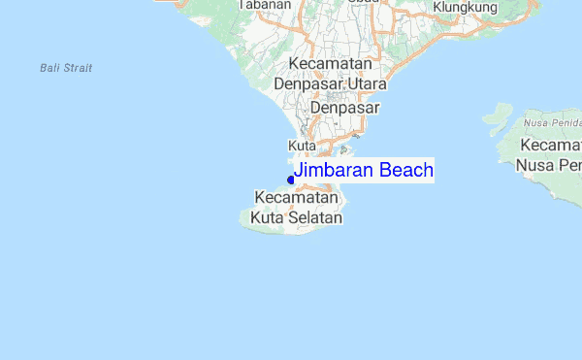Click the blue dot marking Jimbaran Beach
pyautogui.click(x=291, y=179)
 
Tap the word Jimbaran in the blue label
pyautogui.click(x=335, y=172)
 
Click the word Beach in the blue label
pyautogui.click(x=406, y=172)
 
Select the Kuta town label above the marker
pyautogui.click(x=304, y=146)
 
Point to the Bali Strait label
pyautogui.click(x=67, y=68)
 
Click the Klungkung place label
pyautogui.click(x=466, y=8)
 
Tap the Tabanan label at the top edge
pyautogui.click(x=266, y=5)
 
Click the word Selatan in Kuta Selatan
pyautogui.click(x=311, y=218)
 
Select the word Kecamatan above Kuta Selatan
pyautogui.click(x=296, y=198)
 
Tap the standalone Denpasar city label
pyautogui.click(x=344, y=108)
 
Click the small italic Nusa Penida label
pyautogui.click(x=551, y=124)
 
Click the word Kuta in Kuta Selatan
pyautogui.click(x=266, y=218)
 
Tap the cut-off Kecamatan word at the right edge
pyautogui.click(x=550, y=145)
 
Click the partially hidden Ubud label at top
pyautogui.click(x=364, y=3)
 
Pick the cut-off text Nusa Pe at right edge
pyautogui.click(x=549, y=165)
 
